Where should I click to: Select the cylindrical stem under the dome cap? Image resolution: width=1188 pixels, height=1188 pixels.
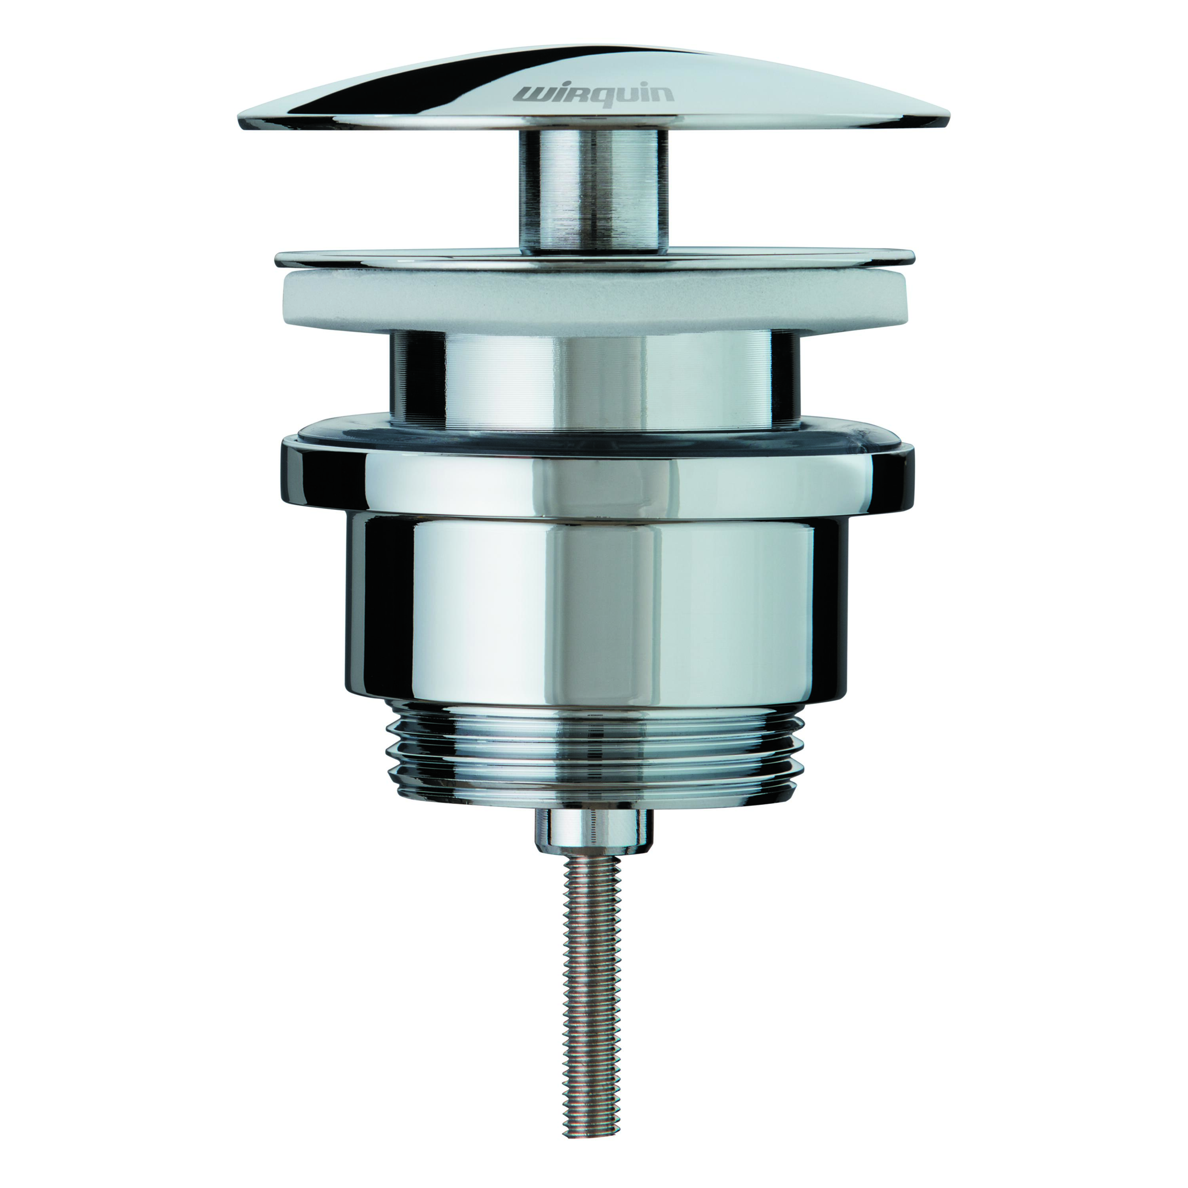(x=593, y=191)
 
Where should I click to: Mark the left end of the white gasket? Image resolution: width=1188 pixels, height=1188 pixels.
(x=282, y=301)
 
